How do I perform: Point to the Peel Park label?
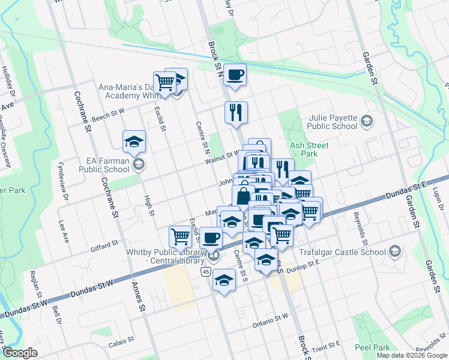click(x=373, y=347)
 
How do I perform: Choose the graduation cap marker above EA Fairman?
click(x=134, y=142)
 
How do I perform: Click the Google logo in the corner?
click(x=20, y=353)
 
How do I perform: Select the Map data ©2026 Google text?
click(x=412, y=355)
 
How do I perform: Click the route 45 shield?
click(x=206, y=272)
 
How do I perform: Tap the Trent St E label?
click(x=327, y=347)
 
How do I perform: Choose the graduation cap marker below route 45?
click(x=224, y=280)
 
